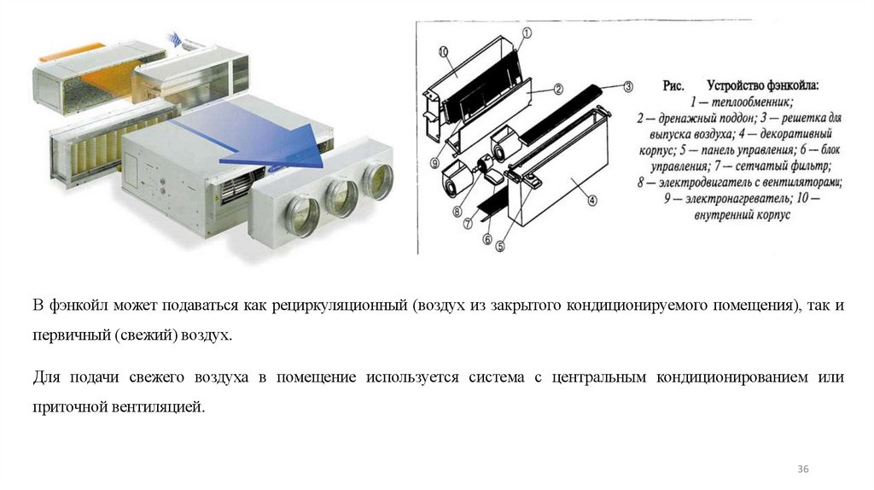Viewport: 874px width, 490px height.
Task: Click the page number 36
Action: tap(802, 469)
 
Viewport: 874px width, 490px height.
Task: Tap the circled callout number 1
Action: tap(527, 33)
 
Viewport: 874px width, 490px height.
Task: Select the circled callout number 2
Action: tap(558, 89)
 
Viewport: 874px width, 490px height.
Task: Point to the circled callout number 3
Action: tap(628, 86)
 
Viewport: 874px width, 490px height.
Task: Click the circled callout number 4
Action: tap(592, 200)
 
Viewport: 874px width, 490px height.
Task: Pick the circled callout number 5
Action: tap(500, 246)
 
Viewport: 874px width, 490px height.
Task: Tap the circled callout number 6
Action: tap(487, 238)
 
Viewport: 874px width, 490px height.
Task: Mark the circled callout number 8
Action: tap(457, 211)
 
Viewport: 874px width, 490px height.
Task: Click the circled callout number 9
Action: tap(434, 163)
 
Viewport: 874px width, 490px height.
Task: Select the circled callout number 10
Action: tap(443, 52)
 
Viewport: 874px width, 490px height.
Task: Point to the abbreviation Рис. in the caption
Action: tap(673, 86)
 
